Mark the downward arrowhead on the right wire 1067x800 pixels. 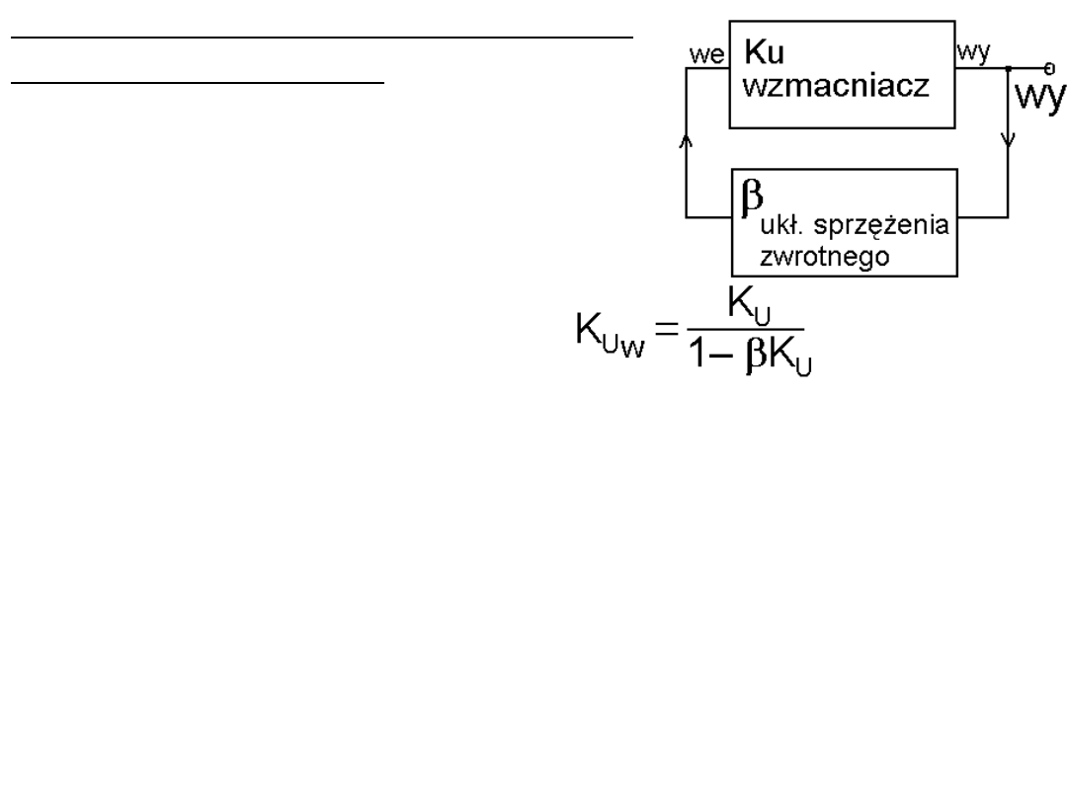click(1007, 141)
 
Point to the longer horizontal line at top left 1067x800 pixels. click(322, 38)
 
